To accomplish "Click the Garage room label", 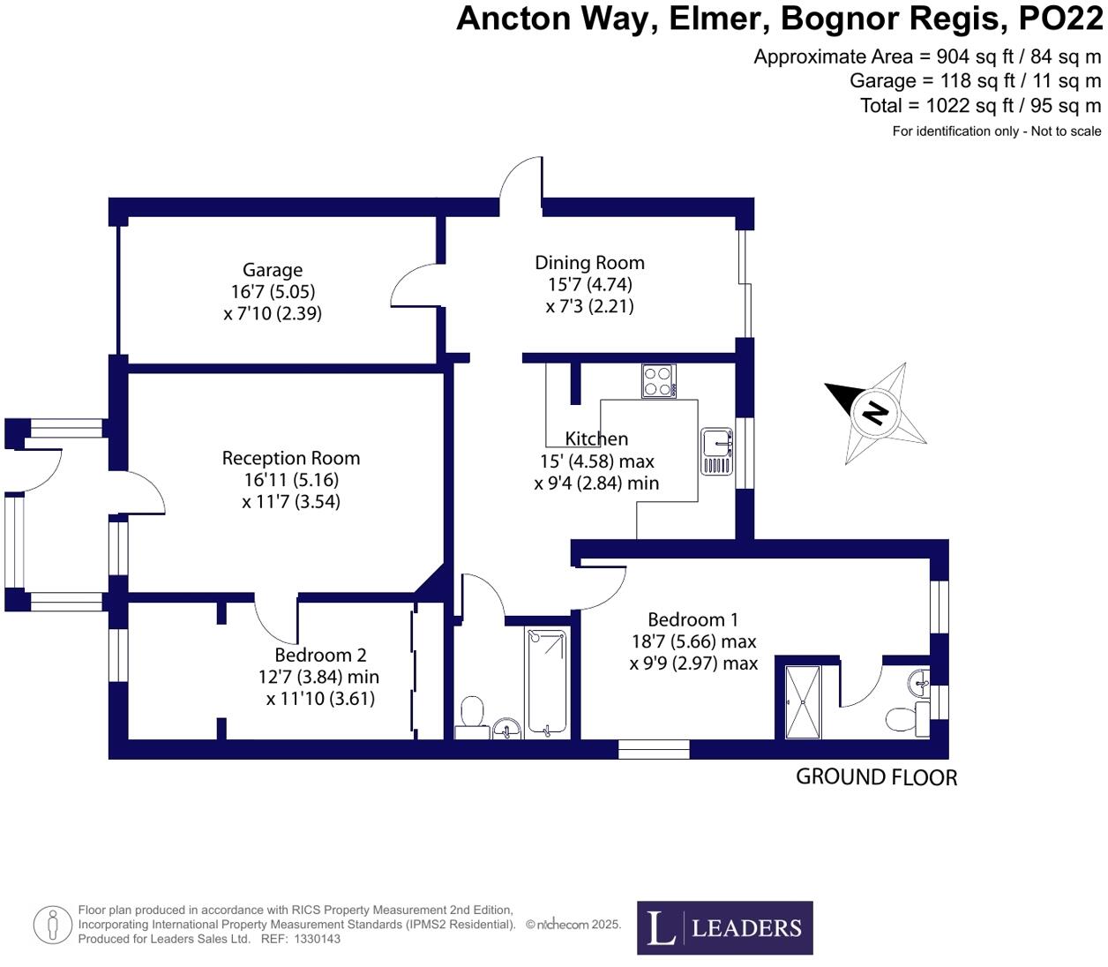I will coord(273,271).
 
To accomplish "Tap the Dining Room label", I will coord(589,263).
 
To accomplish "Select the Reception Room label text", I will coord(290,459).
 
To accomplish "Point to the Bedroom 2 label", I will coord(320,656).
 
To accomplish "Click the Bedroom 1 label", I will coord(692,620).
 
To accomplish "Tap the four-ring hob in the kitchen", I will coord(658,381).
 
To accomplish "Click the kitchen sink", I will coord(716,451).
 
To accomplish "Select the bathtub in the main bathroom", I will coord(547,681).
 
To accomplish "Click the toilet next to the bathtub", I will coord(472,715).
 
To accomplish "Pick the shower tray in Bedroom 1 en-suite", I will coord(803,701).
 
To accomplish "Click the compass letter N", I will coord(874,412).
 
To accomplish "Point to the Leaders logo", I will coord(724,927).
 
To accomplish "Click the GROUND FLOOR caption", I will coord(876,777).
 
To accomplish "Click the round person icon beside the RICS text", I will coord(53,925).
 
